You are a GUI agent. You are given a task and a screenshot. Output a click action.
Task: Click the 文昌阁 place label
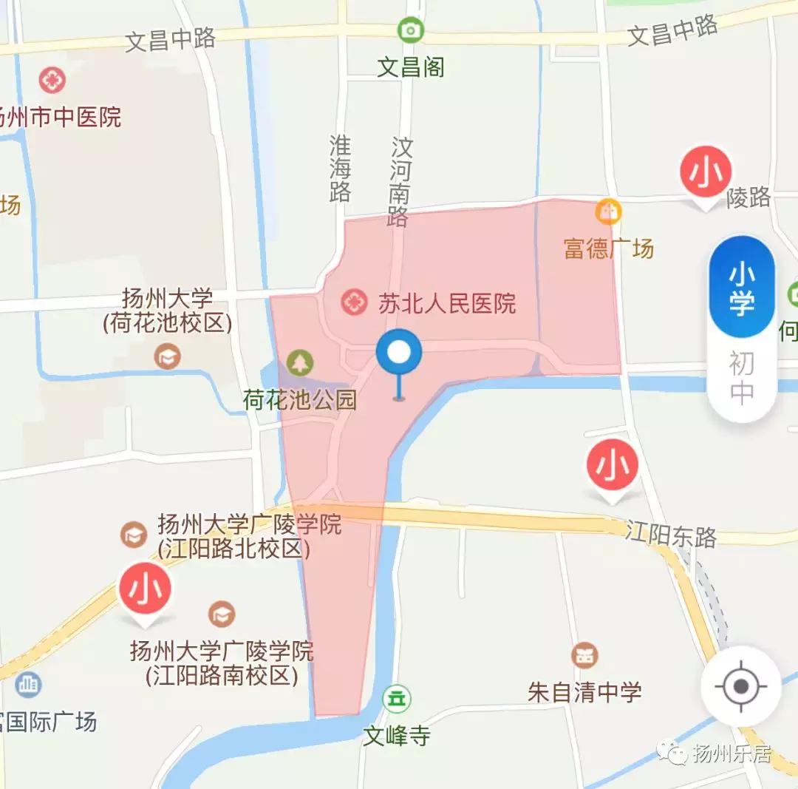[411, 68]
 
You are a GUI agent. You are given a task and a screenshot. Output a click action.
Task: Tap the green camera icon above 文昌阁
[410, 30]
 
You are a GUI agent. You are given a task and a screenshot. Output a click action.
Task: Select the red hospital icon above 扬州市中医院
[52, 80]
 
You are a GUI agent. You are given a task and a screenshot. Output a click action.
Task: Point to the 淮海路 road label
[340, 169]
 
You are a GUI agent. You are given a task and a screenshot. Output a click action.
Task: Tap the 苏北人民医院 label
[447, 303]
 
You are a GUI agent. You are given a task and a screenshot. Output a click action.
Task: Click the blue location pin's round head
[399, 353]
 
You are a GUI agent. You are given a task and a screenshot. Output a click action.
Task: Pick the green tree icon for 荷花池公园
[300, 362]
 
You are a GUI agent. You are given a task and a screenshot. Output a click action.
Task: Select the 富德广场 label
[609, 248]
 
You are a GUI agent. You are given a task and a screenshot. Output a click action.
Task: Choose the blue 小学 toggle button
[742, 288]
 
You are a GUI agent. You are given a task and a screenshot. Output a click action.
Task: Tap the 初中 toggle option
[742, 378]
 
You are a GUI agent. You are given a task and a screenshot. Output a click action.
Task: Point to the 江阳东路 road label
[671, 534]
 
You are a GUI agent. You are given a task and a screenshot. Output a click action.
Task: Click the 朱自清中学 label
[584, 692]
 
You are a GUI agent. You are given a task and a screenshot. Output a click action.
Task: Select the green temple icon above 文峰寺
[398, 697]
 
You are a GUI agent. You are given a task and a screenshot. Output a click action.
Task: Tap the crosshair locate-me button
[741, 686]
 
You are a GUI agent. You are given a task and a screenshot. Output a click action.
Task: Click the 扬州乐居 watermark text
[731, 754]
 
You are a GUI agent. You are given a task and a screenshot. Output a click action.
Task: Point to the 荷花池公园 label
[300, 400]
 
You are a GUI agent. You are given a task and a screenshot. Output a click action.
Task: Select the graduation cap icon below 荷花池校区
[168, 358]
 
